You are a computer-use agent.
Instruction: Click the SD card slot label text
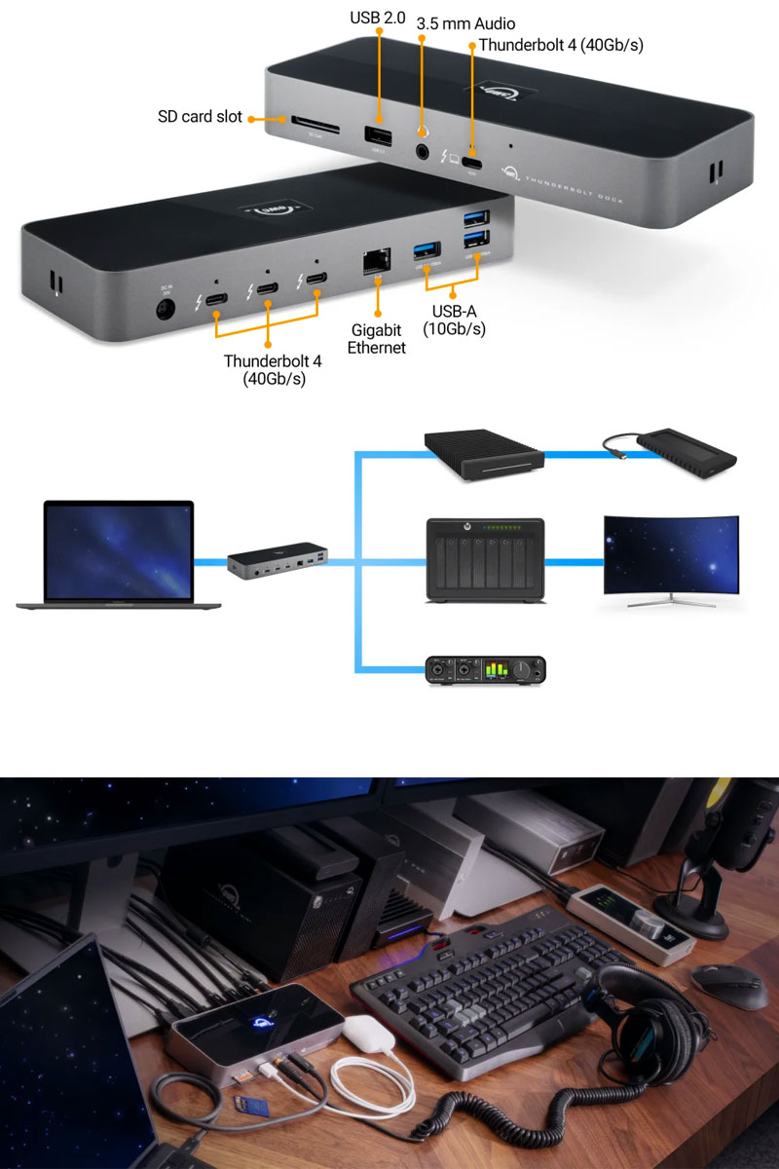point(200,118)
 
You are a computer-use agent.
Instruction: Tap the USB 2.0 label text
point(378,18)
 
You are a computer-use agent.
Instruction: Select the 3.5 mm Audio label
point(465,23)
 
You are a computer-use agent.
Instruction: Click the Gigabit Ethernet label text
point(376,339)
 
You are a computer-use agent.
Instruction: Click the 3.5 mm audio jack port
point(423,151)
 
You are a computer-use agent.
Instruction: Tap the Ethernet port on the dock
point(375,261)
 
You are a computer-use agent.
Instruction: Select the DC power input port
point(166,310)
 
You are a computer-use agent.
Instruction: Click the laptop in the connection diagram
point(118,555)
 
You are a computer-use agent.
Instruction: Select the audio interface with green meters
point(486,670)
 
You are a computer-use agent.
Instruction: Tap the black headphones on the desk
point(642,1013)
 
